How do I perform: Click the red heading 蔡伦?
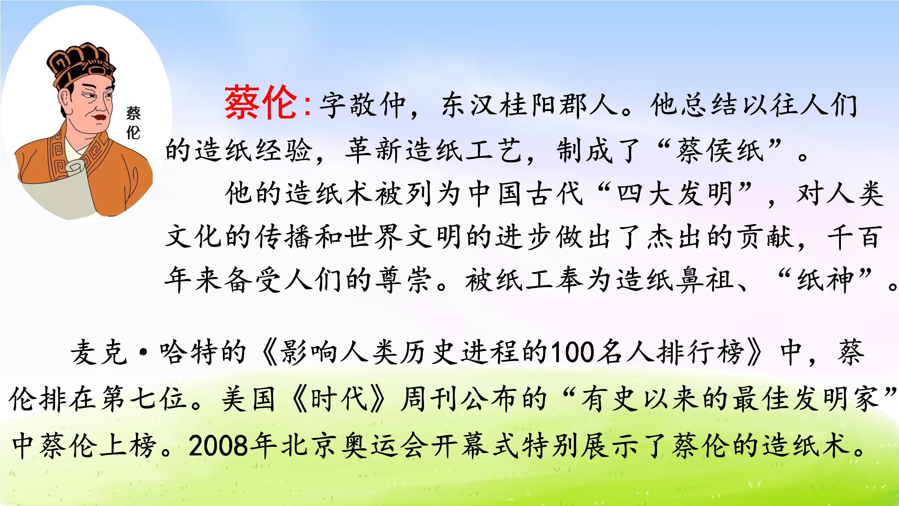click(261, 102)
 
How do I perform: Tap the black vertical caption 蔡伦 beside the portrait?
click(133, 123)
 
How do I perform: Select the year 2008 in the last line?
click(219, 446)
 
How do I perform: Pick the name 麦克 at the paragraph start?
click(99, 352)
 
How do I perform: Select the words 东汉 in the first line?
click(470, 105)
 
